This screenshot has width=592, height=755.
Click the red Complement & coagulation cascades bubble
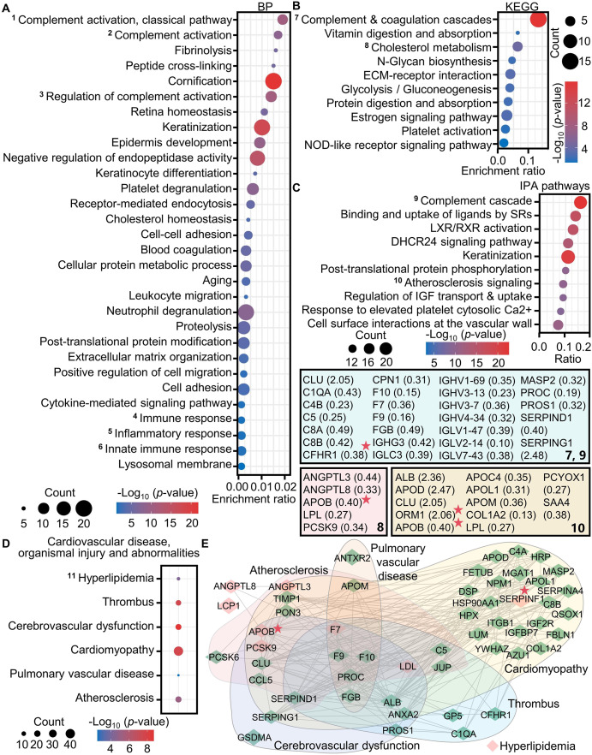tap(538, 19)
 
